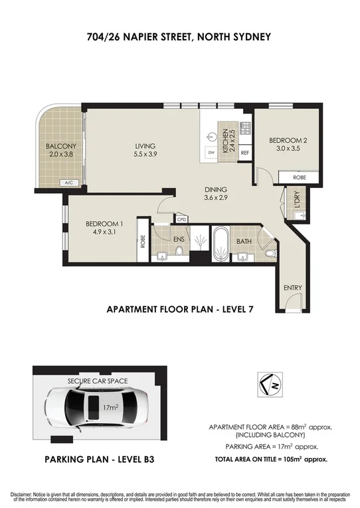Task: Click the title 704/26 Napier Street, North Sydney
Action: coord(179,37)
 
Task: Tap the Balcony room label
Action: coord(61,146)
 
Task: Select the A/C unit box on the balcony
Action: coord(68,183)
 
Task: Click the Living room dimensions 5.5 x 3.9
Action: coord(144,154)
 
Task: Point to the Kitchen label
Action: coord(225,140)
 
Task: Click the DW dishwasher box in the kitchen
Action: coord(211,153)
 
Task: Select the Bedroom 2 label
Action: coord(287,141)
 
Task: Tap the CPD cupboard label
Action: coord(181,218)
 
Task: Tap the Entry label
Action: coord(292,288)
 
